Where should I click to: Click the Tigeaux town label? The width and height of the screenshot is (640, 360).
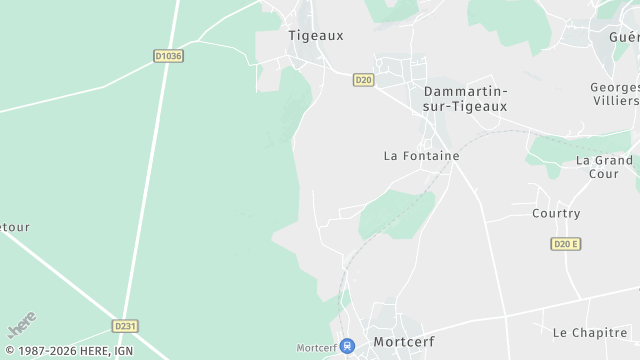pos(315,35)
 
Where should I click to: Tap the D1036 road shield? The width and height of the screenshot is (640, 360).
pos(169,56)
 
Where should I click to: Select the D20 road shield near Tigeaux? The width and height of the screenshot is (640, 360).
pos(363,80)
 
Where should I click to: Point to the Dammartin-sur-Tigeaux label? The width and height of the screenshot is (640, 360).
pos(465,98)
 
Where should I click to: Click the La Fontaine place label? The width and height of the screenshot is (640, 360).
pos(421,156)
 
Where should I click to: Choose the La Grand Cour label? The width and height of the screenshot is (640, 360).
pos(604,167)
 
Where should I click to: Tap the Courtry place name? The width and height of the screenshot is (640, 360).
pos(556,213)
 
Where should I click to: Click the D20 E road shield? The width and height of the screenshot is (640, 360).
pos(566,244)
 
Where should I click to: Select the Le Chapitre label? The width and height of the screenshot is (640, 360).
pos(589,331)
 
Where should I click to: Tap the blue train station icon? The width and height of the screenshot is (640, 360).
pos(347,346)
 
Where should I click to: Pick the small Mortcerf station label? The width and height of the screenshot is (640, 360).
pos(316,348)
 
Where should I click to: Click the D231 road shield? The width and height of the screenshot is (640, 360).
pos(125,326)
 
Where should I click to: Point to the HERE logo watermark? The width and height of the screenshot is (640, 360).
pos(22,325)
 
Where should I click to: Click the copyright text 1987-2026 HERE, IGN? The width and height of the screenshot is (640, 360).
pos(67,351)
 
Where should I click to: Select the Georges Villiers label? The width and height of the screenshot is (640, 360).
pos(614,94)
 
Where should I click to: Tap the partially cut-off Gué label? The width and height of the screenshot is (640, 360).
pos(624,37)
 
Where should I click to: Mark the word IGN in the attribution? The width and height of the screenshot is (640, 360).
pos(124,351)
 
